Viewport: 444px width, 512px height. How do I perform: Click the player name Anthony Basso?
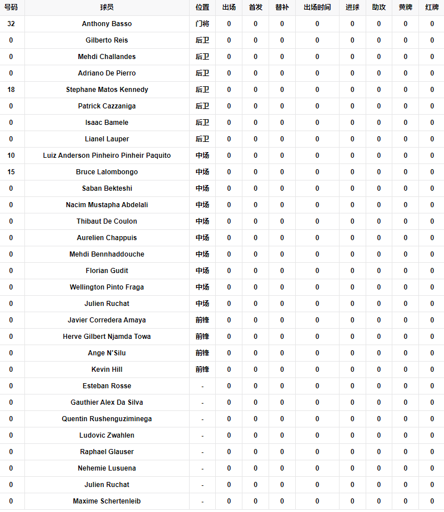107,24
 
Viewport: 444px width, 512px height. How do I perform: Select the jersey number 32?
11,24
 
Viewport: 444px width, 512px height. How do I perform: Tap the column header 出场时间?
317,7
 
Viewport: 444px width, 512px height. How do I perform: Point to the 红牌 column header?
432,7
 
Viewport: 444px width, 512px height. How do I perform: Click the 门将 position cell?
202,24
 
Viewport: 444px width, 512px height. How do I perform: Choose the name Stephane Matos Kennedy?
107,90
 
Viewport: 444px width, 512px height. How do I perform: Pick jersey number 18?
11,90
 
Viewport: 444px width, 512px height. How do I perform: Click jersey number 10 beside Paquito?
11,156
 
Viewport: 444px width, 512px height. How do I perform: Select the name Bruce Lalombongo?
107,172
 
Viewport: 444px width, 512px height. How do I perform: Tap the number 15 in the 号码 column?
11,172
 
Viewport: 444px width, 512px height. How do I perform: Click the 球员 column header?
107,7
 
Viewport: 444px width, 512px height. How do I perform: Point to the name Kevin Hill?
107,370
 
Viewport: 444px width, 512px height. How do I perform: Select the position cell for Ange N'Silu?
202,353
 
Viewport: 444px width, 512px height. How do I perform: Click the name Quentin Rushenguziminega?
107,419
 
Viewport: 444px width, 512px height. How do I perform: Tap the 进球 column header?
352,7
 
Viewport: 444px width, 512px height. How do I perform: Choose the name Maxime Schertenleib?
107,501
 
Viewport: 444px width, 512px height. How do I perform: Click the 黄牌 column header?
405,7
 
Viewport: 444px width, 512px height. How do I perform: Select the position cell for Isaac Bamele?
202,123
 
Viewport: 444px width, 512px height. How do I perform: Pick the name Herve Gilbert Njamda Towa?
107,337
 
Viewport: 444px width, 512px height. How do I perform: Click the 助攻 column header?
379,7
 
